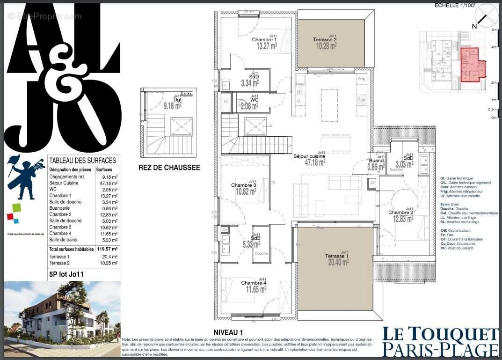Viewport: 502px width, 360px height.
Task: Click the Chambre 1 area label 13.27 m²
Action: (264, 46)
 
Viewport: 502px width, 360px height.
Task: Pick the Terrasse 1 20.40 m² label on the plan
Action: (338, 259)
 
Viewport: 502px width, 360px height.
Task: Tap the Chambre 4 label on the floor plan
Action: (254, 286)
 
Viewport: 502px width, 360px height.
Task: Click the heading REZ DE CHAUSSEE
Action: (169, 168)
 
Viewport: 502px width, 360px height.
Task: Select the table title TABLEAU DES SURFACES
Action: (82, 161)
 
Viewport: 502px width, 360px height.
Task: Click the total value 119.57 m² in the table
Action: (107, 250)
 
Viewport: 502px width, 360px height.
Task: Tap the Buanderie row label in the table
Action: (65, 208)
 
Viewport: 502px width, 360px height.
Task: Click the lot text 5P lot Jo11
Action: (66, 274)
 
